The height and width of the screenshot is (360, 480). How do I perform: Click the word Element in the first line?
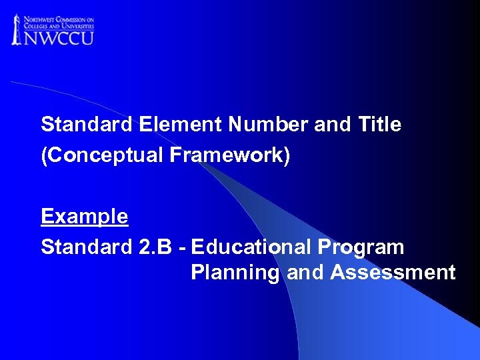click(181, 125)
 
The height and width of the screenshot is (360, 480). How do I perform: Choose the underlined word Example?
click(84, 216)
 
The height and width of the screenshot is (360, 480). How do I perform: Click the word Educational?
click(251, 247)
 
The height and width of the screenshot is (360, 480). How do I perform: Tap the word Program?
click(361, 247)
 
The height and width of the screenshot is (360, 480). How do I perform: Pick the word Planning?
click(235, 273)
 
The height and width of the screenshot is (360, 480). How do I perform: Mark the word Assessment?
click(393, 273)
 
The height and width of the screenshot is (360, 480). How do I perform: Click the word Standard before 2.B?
click(87, 247)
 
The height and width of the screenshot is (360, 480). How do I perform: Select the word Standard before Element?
click(87, 125)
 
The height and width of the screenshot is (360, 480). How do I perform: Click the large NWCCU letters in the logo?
click(59, 36)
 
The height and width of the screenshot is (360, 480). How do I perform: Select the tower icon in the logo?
click(17, 29)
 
